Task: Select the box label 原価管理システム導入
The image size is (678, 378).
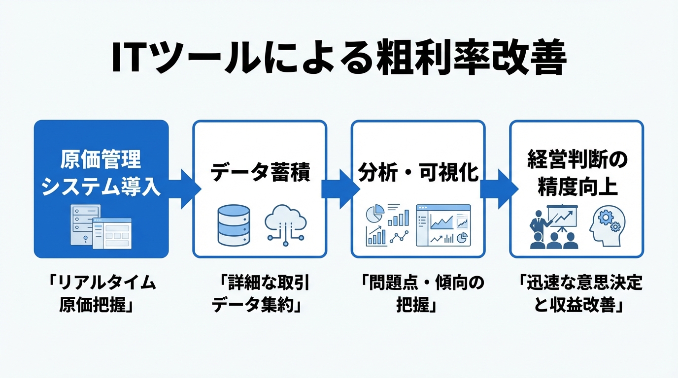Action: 101,174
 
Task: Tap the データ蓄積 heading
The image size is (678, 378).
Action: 260,173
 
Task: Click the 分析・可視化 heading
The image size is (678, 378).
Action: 418,173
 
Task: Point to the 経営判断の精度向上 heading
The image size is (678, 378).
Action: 576,173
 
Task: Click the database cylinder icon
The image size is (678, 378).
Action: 234,225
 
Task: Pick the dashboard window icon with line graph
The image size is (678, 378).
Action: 443,225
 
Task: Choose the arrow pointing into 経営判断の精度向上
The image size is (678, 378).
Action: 498,189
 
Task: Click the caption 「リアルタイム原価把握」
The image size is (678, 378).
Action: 101,294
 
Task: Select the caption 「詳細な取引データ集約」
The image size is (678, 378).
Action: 260,294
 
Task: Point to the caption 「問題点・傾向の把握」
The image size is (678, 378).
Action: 418,294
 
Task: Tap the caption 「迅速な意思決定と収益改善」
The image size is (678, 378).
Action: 576,294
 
